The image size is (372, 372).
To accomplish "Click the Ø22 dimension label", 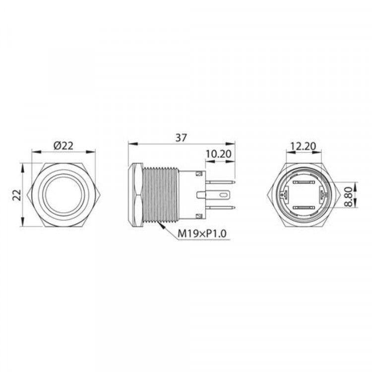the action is click(x=63, y=146).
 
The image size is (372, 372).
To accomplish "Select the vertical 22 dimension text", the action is click(x=17, y=195).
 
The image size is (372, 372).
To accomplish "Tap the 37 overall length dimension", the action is click(x=181, y=138).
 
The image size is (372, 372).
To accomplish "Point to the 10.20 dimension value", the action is click(x=218, y=154).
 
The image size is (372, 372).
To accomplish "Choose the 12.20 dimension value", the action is click(x=304, y=146).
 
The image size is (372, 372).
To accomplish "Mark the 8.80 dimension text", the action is click(x=349, y=197).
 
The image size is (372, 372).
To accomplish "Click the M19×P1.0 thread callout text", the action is click(x=202, y=234).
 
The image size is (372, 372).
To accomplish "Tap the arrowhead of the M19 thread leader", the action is click(x=162, y=226).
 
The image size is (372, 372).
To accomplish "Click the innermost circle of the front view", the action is click(x=63, y=195).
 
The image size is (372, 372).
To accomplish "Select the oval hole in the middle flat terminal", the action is click(x=223, y=195).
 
